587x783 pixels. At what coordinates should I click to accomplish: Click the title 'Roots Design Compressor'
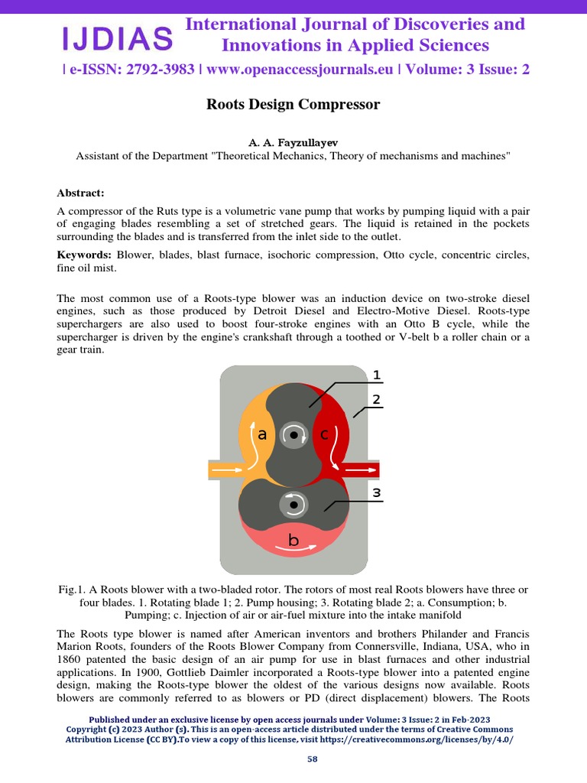[293, 104]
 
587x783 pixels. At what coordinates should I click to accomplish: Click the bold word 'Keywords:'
[84, 255]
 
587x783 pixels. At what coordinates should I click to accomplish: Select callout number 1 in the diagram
[376, 375]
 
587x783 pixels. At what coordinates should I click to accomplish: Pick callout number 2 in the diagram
[376, 399]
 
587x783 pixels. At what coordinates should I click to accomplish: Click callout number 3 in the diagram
[376, 493]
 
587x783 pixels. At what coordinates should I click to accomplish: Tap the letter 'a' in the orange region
[262, 434]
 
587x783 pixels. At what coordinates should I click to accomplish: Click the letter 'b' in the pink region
[293, 541]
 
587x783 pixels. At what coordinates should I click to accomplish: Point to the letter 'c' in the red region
[324, 434]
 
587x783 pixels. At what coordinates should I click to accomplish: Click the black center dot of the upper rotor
[293, 435]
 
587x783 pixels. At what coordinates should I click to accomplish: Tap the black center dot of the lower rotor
[293, 505]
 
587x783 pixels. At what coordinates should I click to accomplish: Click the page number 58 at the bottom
[312, 759]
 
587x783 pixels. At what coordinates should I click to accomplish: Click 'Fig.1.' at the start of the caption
[73, 590]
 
